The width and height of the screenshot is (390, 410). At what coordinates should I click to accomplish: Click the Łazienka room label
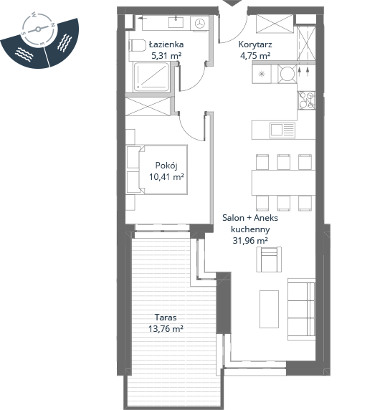tap(166, 44)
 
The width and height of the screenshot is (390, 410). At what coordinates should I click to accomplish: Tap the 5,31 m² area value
tap(166, 56)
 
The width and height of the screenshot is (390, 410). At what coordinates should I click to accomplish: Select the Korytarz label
tap(255, 44)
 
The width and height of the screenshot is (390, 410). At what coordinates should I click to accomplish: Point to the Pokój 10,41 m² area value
tap(166, 177)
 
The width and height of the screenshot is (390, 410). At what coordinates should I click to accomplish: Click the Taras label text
tap(166, 318)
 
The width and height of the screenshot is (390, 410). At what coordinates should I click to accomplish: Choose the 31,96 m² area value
tap(250, 240)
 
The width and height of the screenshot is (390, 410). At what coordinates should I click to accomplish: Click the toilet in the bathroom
tap(137, 45)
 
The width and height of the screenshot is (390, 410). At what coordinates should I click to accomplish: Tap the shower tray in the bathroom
tap(151, 77)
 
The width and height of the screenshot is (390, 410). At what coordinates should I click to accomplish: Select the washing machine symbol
tap(199, 23)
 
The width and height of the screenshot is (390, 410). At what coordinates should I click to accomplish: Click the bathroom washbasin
tap(176, 22)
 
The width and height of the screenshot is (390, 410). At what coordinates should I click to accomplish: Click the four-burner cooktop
tap(306, 100)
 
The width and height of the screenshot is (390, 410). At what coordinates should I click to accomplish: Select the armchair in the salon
tap(269, 259)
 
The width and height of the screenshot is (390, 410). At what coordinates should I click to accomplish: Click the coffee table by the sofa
tap(269, 309)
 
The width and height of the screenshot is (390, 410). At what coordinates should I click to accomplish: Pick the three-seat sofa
tap(301, 310)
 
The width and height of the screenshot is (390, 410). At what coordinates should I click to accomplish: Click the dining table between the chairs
tap(284, 183)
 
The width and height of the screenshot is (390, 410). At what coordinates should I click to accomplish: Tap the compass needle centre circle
tap(38, 29)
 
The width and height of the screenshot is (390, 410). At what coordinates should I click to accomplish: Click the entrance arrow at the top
tap(233, 3)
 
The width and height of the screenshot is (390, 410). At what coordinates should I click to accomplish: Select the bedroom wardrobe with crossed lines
tap(148, 106)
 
